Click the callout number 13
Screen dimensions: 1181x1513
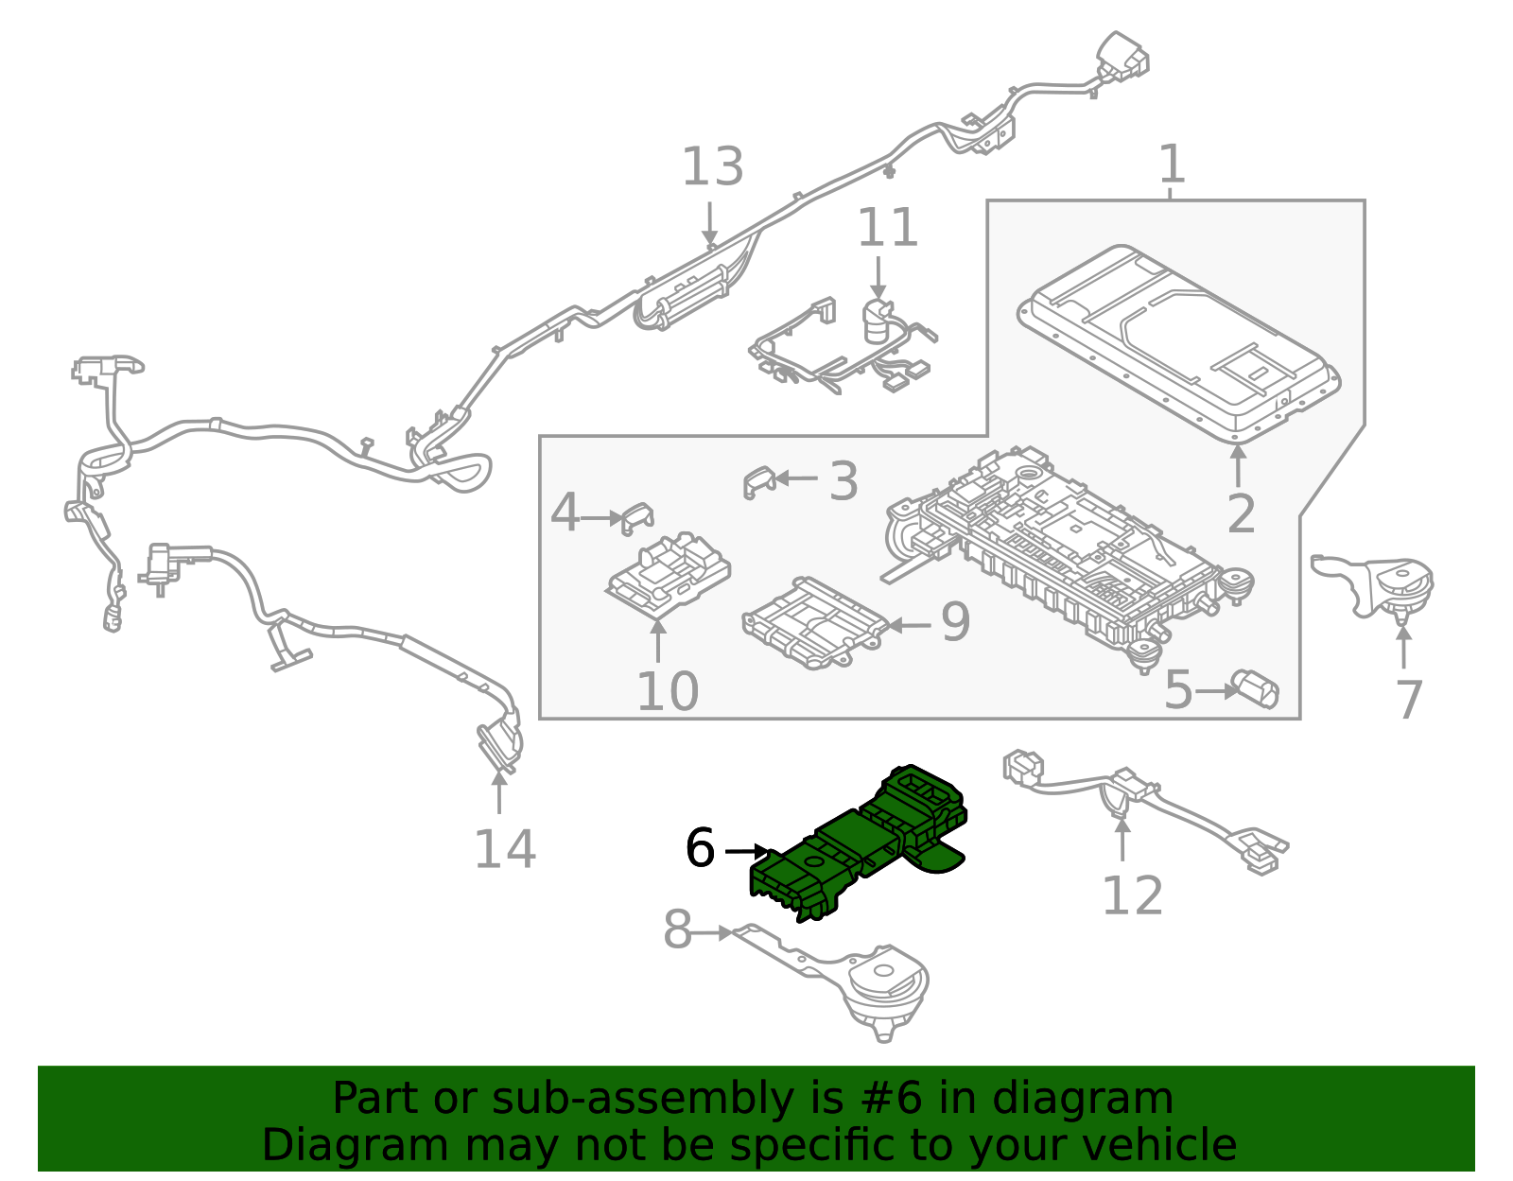coord(712,167)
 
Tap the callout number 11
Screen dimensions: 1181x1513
coord(887,228)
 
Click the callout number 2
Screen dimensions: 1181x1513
coord(1241,513)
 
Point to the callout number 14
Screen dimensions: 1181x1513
coord(504,848)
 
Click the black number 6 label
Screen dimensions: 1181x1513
coord(700,847)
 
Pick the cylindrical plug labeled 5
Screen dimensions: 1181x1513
coord(1257,689)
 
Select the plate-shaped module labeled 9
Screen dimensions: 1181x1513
coord(813,624)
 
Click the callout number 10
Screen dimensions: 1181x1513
coord(667,692)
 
